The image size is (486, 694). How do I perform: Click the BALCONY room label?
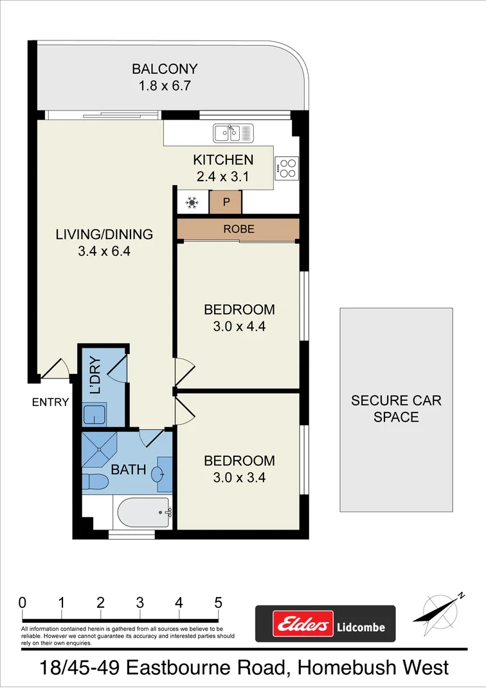tap(165, 69)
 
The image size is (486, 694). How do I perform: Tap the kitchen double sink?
tap(234, 133)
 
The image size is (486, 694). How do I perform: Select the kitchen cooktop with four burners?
tap(287, 168)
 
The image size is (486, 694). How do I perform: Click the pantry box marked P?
tap(226, 202)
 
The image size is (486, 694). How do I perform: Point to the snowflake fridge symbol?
tap(192, 203)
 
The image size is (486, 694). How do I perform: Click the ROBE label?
tap(239, 229)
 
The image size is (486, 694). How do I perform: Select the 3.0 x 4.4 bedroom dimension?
tap(239, 326)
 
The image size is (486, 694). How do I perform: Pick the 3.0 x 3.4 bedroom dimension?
tap(239, 477)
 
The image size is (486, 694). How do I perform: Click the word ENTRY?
tap(50, 402)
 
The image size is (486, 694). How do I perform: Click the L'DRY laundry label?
tap(95, 375)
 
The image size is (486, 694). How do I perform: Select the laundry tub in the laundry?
tap(95, 414)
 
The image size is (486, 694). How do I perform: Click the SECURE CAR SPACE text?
tap(396, 409)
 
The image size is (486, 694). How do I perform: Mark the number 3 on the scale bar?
tap(139, 603)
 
